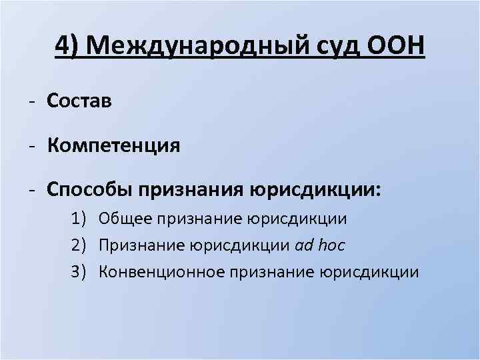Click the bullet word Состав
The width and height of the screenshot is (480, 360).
79,101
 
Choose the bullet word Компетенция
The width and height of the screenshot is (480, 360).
113,145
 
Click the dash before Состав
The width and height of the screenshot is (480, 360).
32,101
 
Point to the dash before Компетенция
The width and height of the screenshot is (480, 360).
32,145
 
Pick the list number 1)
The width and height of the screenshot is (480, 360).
79,218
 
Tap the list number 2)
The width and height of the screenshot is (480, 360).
79,245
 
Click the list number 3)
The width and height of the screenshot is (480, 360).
79,271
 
